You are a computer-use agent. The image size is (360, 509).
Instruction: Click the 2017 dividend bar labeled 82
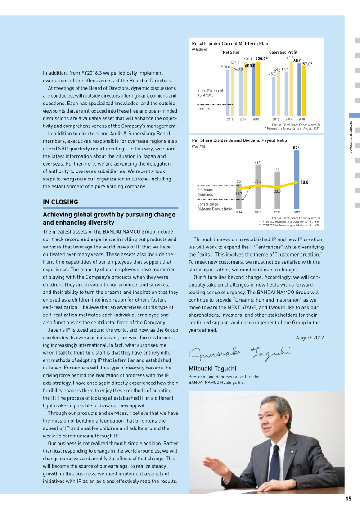coord(296,180)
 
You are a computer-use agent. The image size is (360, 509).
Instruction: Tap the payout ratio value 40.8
coord(304,182)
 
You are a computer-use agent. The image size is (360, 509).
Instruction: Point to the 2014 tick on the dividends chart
coord(238,212)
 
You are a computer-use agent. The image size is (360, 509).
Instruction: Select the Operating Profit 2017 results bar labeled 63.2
coord(291,88)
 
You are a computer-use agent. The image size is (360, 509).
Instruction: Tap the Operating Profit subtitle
coord(283,53)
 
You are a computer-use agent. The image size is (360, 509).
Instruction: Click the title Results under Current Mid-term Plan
coord(230,44)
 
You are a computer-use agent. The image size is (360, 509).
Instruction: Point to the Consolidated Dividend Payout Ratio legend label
coord(215,207)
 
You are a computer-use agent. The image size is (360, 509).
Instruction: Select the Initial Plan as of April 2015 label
coord(210,93)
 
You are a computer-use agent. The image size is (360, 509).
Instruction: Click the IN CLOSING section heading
coord(60,202)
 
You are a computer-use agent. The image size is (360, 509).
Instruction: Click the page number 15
coord(348,498)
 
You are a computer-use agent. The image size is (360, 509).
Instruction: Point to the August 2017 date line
coord(310,338)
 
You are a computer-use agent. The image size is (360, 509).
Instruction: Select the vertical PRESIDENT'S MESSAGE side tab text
coord(351,137)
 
